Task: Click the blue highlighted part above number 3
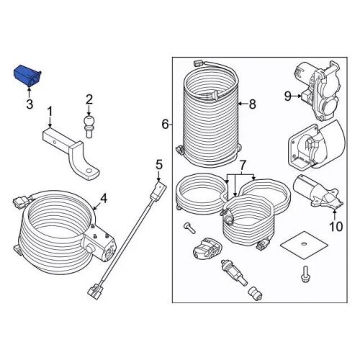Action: click(27, 76)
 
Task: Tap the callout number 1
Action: click(50, 112)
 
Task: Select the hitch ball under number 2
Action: click(89, 126)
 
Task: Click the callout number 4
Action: click(104, 199)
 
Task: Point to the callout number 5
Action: click(159, 166)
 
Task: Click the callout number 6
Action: click(165, 125)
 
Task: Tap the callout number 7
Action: click(243, 165)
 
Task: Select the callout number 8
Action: click(252, 104)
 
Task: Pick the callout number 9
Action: click(288, 96)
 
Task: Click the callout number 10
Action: click(336, 226)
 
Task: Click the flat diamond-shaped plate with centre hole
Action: click(305, 245)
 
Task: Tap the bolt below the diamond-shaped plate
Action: click(305, 274)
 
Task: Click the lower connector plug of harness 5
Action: click(95, 291)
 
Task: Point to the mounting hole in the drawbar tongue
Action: click(89, 171)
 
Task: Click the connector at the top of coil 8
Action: click(198, 63)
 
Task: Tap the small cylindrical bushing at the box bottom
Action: click(256, 293)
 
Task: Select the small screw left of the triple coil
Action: click(189, 228)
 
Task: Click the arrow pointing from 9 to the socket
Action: click(297, 96)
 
